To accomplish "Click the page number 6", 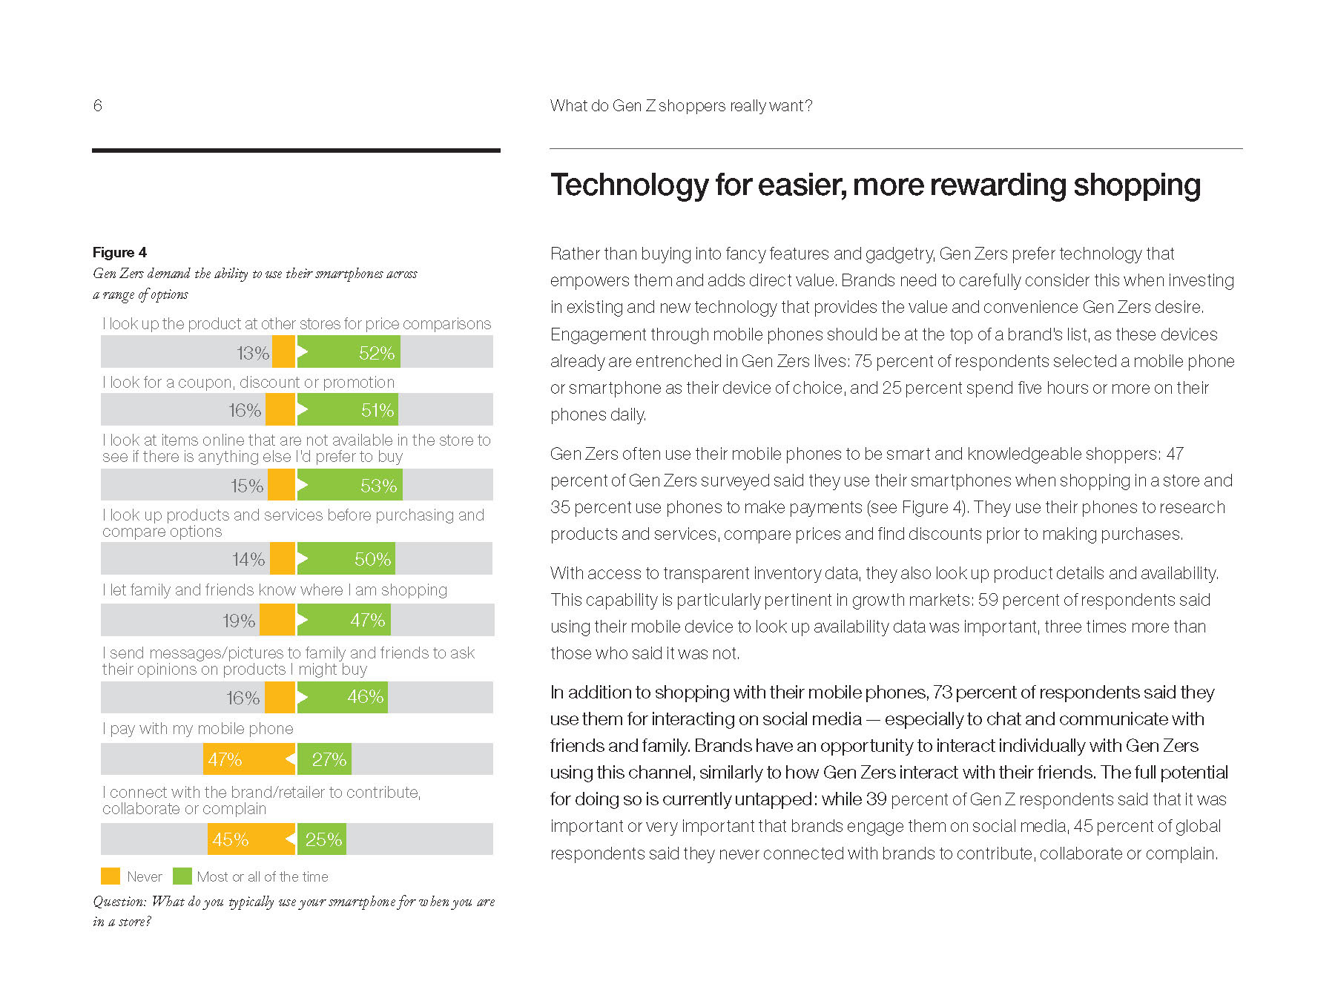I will pyautogui.click(x=97, y=105).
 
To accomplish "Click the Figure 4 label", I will pyautogui.click(x=119, y=252).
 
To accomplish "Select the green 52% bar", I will pyautogui.click(x=349, y=352).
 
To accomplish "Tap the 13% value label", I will pyautogui.click(x=252, y=353).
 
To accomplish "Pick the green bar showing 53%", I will pyautogui.click(x=350, y=485).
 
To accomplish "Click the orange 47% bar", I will pyautogui.click(x=249, y=759).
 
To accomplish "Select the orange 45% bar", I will pyautogui.click(x=251, y=839).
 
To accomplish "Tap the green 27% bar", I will pyautogui.click(x=324, y=759).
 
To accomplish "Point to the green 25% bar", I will pyautogui.click(x=321, y=839).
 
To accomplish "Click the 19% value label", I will pyautogui.click(x=239, y=621).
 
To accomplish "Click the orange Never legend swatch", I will pyautogui.click(x=111, y=876).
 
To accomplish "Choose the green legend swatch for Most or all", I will pyautogui.click(x=182, y=876).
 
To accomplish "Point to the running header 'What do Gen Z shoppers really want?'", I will pyautogui.click(x=681, y=106).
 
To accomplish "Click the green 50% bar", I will pyautogui.click(x=346, y=559).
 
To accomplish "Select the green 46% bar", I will pyautogui.click(x=343, y=697).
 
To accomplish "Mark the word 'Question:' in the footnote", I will pyautogui.click(x=119, y=902).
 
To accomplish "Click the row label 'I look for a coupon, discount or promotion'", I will pyautogui.click(x=248, y=383).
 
